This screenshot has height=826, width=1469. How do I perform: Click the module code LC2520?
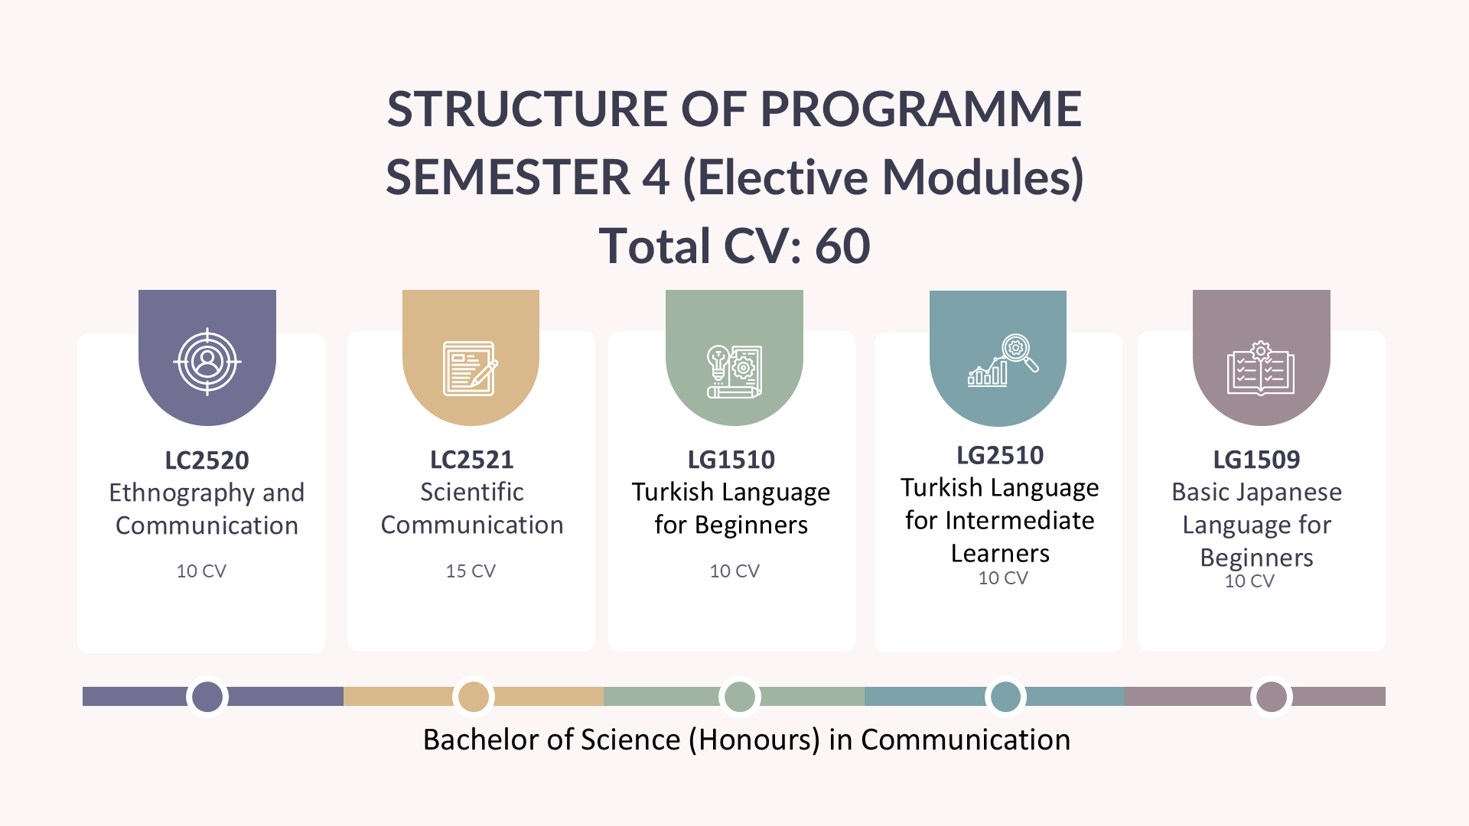207,460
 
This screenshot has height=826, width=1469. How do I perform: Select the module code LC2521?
471,460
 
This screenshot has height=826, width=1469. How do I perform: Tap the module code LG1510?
731,460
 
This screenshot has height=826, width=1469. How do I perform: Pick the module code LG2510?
1000,456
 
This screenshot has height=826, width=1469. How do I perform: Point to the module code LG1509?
1256,460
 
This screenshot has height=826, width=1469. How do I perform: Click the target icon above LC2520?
207,362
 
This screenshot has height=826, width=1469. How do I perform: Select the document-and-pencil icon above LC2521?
471,369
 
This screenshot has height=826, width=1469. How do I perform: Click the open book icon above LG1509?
1260,368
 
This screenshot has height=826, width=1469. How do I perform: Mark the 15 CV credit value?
471,571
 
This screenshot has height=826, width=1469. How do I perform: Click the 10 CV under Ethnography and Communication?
201,571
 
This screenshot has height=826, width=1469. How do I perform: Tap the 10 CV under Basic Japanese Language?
1249,581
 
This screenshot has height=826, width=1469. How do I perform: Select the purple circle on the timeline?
207,697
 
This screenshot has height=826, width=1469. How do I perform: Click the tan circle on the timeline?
474,697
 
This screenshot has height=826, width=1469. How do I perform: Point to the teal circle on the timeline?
1006,697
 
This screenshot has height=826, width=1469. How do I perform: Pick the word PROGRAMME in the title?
921,109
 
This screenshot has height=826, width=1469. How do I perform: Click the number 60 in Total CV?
842,246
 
